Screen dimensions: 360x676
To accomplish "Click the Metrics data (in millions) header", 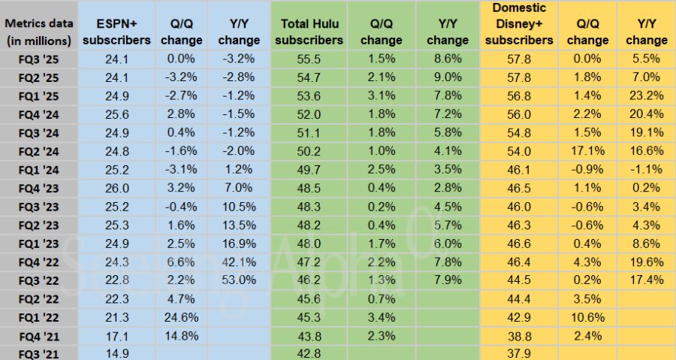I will click(38, 32).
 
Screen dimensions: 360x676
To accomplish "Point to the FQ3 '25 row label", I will click(28, 56).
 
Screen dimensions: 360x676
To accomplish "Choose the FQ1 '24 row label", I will click(28, 170).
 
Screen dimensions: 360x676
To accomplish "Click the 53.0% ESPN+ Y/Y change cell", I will click(239, 279).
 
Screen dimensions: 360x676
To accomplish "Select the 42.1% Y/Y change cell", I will click(239, 261).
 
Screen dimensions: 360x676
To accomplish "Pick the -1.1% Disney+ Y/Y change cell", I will click(646, 170).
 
